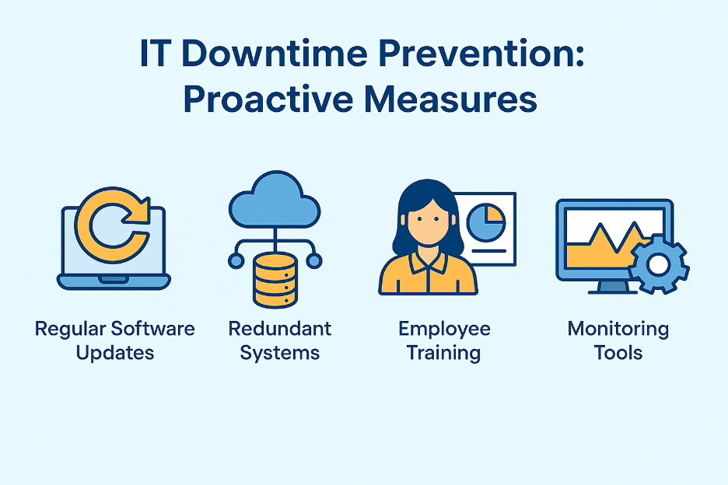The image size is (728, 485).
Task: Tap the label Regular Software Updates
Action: (x=115, y=340)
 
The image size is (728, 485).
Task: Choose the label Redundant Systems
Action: (x=280, y=340)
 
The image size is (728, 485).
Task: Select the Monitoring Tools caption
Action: (x=618, y=340)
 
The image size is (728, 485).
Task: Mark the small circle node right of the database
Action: (x=314, y=261)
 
